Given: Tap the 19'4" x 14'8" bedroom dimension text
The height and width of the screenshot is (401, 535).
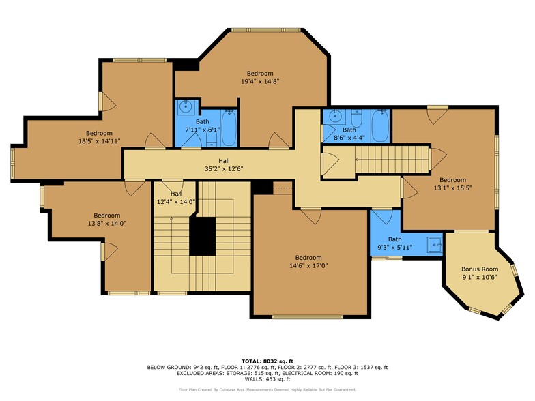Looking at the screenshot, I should [x=260, y=81].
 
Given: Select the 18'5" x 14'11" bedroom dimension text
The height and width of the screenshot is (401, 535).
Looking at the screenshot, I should [x=99, y=141].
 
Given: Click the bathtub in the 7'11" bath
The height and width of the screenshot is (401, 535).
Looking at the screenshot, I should [x=229, y=127].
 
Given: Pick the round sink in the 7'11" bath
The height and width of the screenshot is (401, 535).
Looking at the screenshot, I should [x=185, y=106].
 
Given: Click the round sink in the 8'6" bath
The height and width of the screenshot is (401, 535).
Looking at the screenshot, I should [x=334, y=116].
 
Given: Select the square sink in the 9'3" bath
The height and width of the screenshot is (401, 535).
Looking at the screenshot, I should [x=433, y=242].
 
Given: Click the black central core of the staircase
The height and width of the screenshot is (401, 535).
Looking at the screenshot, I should [x=202, y=236].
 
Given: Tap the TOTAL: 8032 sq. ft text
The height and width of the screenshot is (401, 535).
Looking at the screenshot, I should [x=267, y=361].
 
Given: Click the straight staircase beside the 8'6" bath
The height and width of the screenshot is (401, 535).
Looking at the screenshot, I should [x=391, y=162].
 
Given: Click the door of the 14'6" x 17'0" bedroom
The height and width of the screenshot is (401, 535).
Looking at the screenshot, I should [x=311, y=216].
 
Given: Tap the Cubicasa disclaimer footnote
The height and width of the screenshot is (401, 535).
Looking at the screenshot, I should [x=267, y=390].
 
